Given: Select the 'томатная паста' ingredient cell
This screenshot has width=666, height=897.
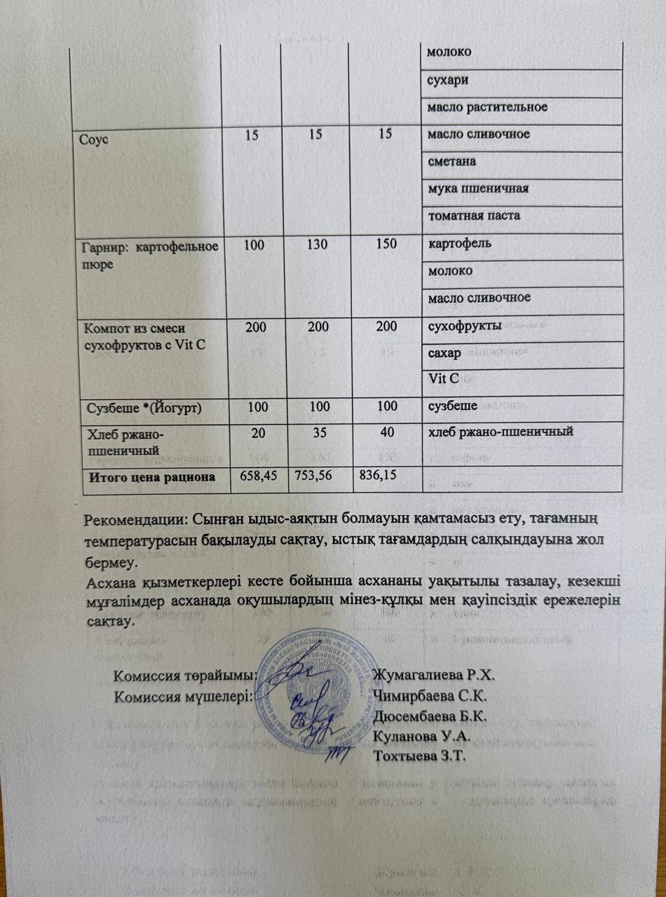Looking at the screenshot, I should coord(474,215).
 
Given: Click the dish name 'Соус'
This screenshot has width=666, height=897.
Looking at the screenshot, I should coord(97,135).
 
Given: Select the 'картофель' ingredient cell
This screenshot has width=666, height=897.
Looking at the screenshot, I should coord(460,243).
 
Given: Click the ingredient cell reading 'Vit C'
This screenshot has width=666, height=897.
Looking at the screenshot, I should coord(443,379).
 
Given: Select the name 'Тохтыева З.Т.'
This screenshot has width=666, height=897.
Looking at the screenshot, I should coord(421,755).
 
